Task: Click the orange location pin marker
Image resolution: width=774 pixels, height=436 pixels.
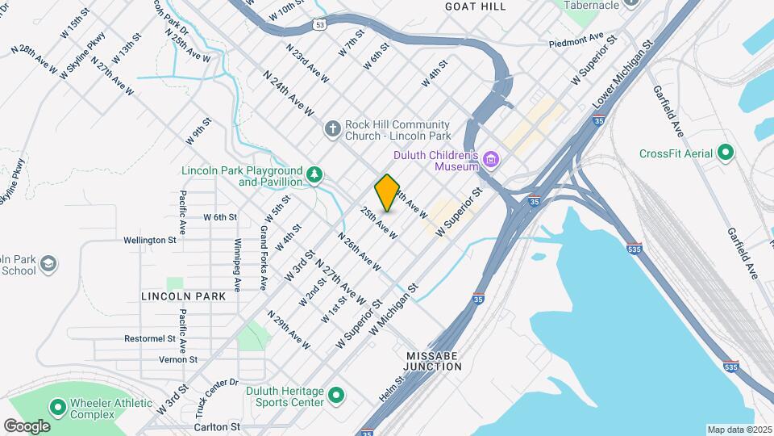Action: (x=387, y=192)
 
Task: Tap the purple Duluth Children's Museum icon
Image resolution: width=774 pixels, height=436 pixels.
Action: (x=491, y=161)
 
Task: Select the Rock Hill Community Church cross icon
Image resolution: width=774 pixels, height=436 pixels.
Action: (x=332, y=129)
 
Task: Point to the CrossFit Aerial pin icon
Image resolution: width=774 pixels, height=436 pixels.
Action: (x=726, y=153)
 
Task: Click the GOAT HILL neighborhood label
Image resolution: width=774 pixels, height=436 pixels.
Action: (x=476, y=6)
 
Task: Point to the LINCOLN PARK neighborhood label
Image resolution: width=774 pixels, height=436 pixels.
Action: (x=183, y=296)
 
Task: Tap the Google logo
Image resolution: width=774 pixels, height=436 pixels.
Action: (x=27, y=426)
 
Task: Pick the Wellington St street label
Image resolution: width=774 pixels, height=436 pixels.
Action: (x=150, y=240)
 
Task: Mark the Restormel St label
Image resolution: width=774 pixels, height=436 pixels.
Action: (x=150, y=338)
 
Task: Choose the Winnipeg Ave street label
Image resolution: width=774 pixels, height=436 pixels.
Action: (x=238, y=264)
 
